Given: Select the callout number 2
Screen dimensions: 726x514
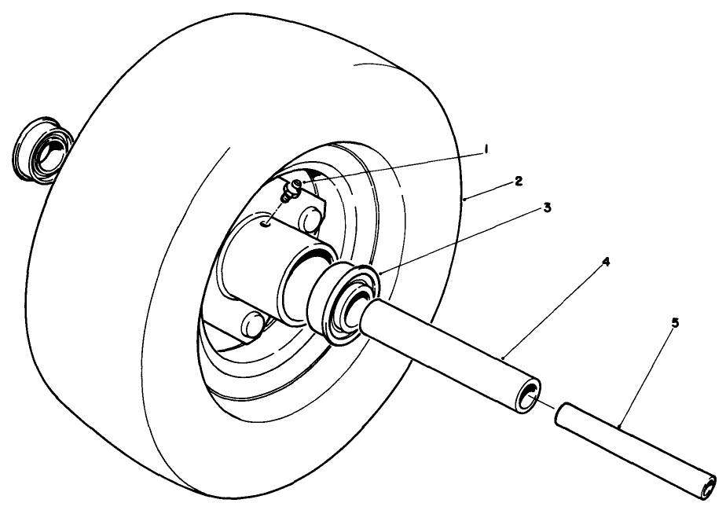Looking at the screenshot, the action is pyautogui.click(x=519, y=181).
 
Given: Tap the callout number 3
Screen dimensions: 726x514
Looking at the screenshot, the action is pyautogui.click(x=548, y=207).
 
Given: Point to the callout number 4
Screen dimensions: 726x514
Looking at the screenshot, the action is pyautogui.click(x=606, y=262).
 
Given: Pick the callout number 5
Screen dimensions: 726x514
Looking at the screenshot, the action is pyautogui.click(x=676, y=323).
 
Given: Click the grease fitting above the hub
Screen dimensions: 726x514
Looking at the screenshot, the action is pyautogui.click(x=293, y=189).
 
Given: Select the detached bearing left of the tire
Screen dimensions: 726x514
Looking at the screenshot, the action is pyautogui.click(x=42, y=150).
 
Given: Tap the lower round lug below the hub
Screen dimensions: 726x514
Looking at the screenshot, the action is pyautogui.click(x=252, y=323).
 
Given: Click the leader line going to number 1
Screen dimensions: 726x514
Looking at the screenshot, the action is pyautogui.click(x=391, y=167).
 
